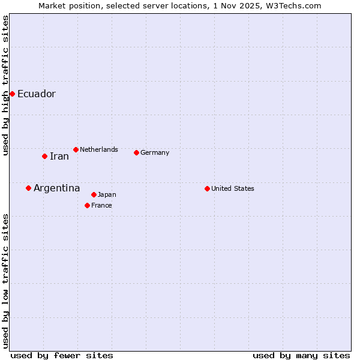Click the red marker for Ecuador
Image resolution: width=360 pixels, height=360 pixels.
[x=12, y=94]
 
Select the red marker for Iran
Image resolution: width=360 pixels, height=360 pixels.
[x=44, y=156]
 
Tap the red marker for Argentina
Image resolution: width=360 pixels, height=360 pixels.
[x=28, y=188]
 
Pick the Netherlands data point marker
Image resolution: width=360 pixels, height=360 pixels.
[x=76, y=149]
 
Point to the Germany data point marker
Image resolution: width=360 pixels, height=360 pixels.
[x=136, y=152]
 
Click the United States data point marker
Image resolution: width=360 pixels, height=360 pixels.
[x=207, y=188]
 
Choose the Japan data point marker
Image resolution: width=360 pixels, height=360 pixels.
[x=94, y=194]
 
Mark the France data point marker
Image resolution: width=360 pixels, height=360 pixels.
[x=87, y=205]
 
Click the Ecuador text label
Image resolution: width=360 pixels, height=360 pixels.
[x=37, y=94]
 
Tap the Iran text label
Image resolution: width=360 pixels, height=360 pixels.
[x=59, y=156]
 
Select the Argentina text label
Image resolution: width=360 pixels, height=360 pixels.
[x=56, y=188]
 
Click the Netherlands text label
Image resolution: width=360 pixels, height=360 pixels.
[x=99, y=149]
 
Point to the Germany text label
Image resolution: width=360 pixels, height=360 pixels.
[x=155, y=152]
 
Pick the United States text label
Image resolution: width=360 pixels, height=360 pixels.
[x=233, y=188]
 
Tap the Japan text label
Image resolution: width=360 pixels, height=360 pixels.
[x=107, y=194]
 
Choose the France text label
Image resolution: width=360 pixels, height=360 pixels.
[x=101, y=205]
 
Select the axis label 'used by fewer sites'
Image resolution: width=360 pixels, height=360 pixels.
[x=62, y=355]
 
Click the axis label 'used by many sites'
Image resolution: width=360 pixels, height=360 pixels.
[x=301, y=355]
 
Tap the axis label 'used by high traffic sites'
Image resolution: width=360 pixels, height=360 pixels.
[x=5, y=86]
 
